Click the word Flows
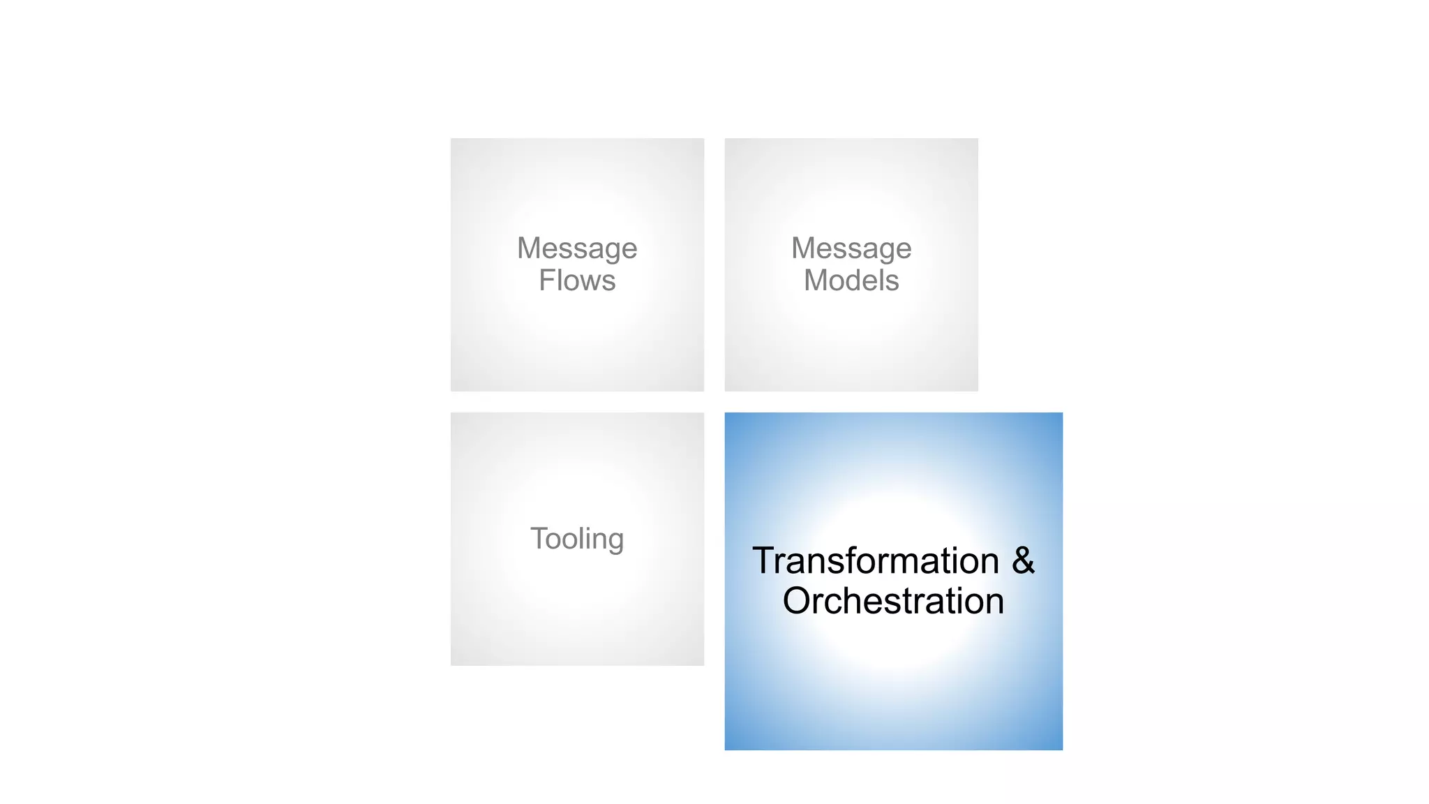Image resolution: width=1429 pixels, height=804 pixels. tap(577, 281)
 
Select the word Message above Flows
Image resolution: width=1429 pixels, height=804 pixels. tap(577, 248)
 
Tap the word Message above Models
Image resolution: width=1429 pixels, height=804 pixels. tap(851, 248)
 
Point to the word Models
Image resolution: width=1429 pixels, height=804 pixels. tap(851, 281)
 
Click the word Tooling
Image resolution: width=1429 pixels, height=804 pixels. tap(577, 539)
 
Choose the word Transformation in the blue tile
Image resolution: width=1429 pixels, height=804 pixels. tap(876, 561)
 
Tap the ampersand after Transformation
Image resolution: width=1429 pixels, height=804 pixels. tap(1023, 560)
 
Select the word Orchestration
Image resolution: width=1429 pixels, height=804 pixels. tap(893, 601)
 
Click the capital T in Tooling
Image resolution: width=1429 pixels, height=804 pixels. tap(539, 538)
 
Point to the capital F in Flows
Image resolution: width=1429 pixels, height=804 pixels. tap(547, 281)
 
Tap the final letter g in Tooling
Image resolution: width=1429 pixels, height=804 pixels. tap(615, 541)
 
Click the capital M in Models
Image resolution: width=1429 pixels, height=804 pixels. tap(817, 281)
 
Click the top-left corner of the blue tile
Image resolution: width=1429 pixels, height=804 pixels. tap(726, 413)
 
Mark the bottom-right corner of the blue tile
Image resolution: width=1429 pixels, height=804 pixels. tap(1062, 750)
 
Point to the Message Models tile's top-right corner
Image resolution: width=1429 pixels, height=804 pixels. tap(977, 139)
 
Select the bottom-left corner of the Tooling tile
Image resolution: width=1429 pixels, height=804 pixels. tap(451, 664)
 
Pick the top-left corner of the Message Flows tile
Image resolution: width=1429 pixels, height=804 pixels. tap(451, 139)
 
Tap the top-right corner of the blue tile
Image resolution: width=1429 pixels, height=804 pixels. tap(1062, 413)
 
